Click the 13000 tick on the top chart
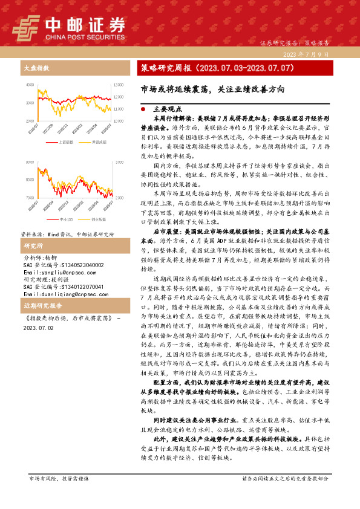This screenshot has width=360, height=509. point(119,85)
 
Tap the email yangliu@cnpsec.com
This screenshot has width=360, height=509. point(53,273)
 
